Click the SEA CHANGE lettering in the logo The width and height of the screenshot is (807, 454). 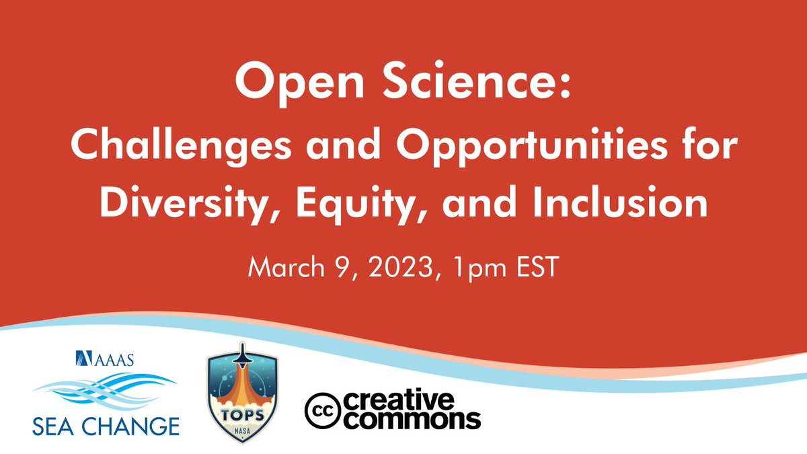[106, 426]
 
